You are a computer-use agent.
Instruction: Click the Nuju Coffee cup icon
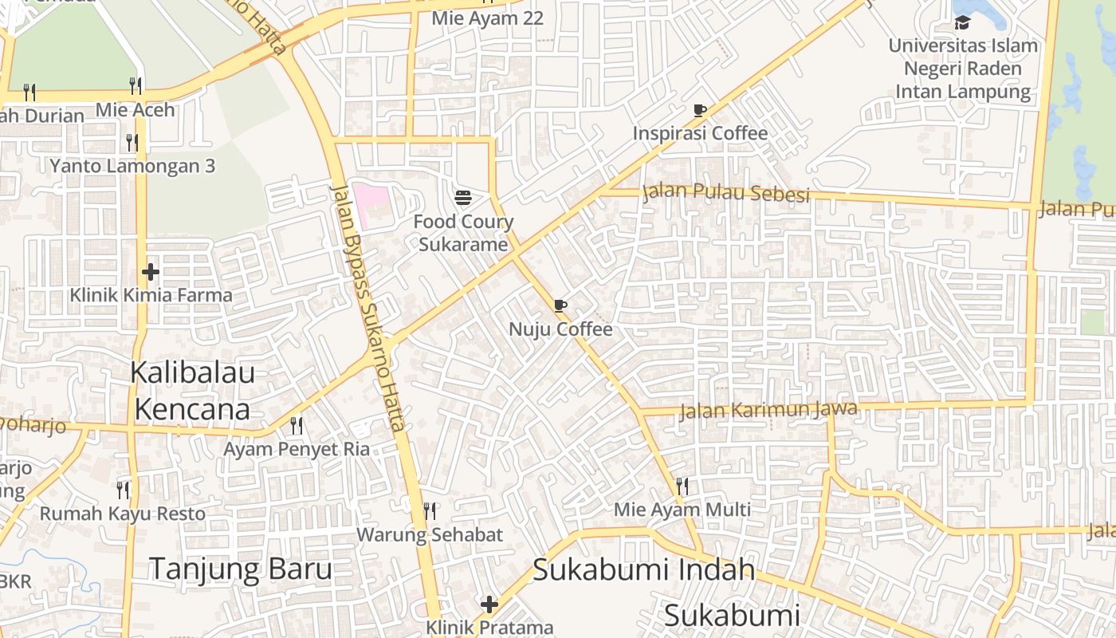[x=560, y=305]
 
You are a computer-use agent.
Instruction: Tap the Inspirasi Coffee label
[x=700, y=133]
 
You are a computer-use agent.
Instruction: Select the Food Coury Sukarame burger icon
[x=463, y=197]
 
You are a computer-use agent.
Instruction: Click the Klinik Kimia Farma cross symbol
[x=150, y=272]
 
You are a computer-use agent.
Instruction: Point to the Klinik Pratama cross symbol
[x=489, y=605]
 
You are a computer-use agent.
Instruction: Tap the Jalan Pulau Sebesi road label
[x=725, y=193]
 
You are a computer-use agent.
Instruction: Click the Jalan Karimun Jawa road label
[x=768, y=411]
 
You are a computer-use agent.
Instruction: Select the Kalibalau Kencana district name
[x=192, y=391]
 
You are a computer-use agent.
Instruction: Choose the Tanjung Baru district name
[x=241, y=569]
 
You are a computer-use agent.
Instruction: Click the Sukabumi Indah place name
[x=643, y=569]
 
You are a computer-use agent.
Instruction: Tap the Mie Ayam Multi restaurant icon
[x=682, y=485]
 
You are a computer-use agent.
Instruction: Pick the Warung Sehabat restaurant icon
[x=430, y=510]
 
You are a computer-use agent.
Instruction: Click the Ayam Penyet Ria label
[x=297, y=449]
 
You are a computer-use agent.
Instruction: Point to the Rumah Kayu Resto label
[x=123, y=513]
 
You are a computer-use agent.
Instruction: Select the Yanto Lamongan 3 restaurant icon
[x=132, y=143]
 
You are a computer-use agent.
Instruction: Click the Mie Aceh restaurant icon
[x=136, y=85]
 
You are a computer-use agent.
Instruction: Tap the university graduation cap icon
[x=962, y=22]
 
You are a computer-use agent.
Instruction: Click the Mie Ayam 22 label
[x=487, y=18]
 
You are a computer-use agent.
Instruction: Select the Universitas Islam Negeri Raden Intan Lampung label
[x=963, y=69]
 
